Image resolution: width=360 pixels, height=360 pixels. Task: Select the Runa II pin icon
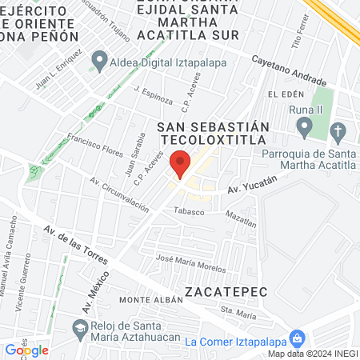click(x=304, y=126)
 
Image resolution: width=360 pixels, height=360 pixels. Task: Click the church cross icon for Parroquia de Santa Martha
click(x=338, y=131)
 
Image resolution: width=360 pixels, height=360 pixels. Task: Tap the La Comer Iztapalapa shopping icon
click(x=297, y=339)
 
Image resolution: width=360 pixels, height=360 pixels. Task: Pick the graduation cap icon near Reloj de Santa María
click(x=80, y=327)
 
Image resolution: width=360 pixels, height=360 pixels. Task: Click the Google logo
click(x=26, y=350)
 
